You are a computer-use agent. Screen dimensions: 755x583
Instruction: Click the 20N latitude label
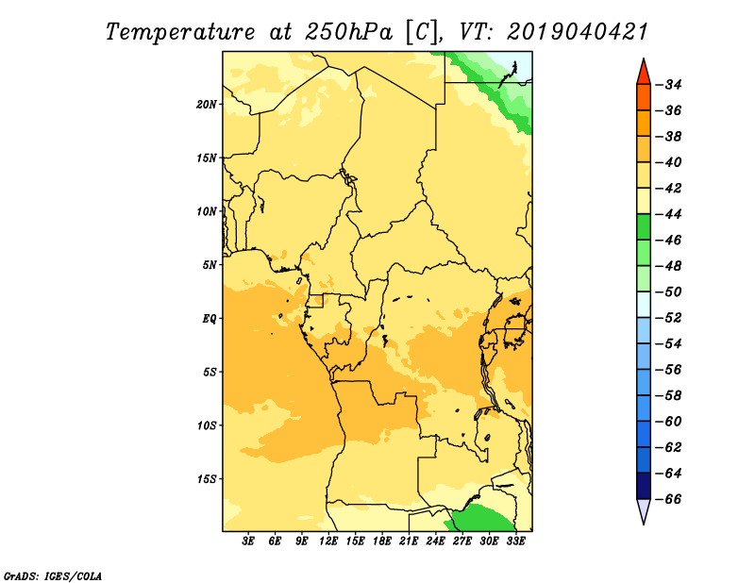206,105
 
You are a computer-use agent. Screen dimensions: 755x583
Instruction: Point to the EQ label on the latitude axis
209,319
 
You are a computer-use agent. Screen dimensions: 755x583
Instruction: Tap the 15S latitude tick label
207,479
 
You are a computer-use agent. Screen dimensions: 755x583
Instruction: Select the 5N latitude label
210,265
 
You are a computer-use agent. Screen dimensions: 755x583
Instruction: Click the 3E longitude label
248,541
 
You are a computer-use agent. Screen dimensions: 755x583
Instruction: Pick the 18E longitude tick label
382,541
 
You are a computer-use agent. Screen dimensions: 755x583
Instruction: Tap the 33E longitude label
515,541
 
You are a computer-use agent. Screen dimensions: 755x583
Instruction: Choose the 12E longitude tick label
328,541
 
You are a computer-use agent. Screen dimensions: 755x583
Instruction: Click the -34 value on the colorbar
669,85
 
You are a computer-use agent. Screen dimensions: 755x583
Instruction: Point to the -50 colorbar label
669,292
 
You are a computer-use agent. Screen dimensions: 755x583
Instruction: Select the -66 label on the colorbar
669,499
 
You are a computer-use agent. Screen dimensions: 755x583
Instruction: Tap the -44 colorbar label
669,214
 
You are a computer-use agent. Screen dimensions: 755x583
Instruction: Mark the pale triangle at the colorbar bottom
644,509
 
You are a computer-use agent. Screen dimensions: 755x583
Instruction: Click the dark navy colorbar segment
644,486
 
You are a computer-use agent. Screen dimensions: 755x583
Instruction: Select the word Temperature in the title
180,32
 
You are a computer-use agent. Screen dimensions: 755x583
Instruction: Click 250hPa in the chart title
348,32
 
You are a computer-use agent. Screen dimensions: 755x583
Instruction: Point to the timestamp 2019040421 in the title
578,32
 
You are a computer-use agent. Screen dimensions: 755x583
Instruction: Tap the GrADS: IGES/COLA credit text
53,575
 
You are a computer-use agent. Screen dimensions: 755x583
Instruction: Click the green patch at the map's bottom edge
480,519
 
